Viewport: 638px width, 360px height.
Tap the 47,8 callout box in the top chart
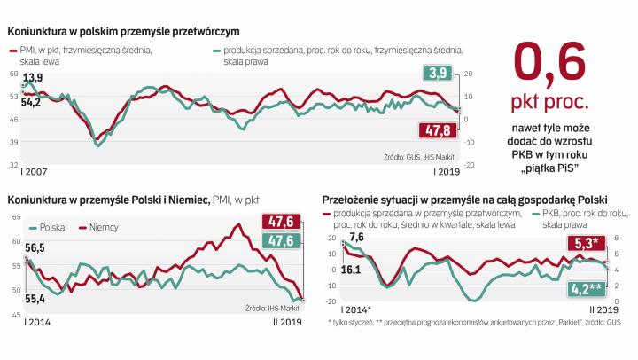tap(435, 131)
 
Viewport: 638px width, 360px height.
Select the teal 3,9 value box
tap(437, 73)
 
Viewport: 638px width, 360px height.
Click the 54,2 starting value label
tap(30, 103)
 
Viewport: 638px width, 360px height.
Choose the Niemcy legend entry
tap(103, 227)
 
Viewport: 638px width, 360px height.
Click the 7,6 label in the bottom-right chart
tap(357, 236)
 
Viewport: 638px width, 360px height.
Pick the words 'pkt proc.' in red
tap(551, 113)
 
